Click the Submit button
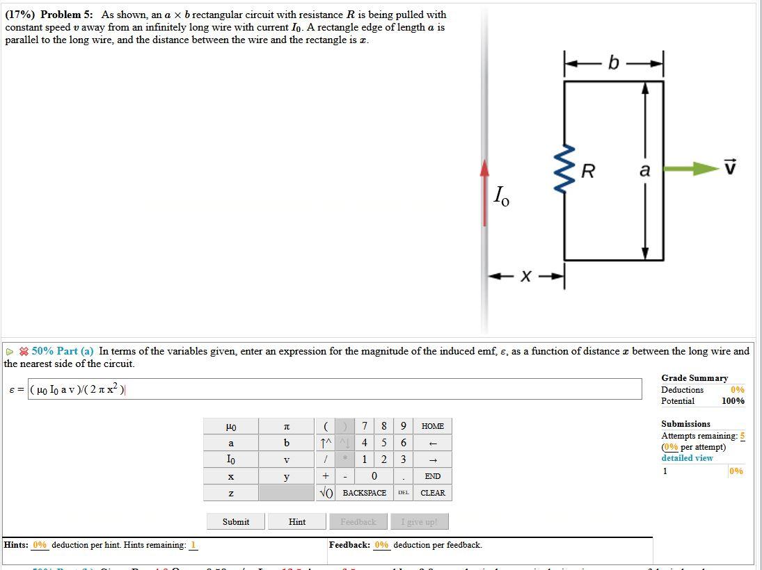click(x=236, y=521)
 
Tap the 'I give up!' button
click(x=419, y=521)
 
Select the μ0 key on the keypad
click(x=230, y=426)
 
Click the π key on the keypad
click(x=286, y=426)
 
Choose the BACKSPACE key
click(x=364, y=493)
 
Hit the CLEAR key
click(x=432, y=493)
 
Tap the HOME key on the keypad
click(x=432, y=426)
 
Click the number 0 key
click(x=374, y=476)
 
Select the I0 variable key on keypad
click(x=230, y=459)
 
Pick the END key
click(x=432, y=476)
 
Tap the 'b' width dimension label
click(x=613, y=63)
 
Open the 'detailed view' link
click(x=687, y=458)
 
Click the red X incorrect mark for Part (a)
click(x=23, y=352)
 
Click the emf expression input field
click(x=334, y=389)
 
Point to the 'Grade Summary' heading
click(x=694, y=378)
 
